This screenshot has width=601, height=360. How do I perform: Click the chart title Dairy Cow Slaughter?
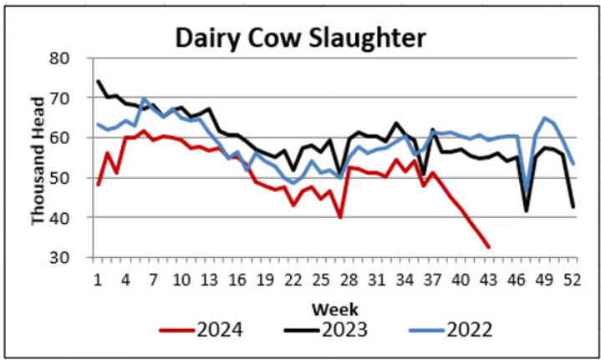300,38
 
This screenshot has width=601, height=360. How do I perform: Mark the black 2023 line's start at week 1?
99,81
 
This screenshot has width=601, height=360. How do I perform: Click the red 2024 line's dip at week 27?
340,218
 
